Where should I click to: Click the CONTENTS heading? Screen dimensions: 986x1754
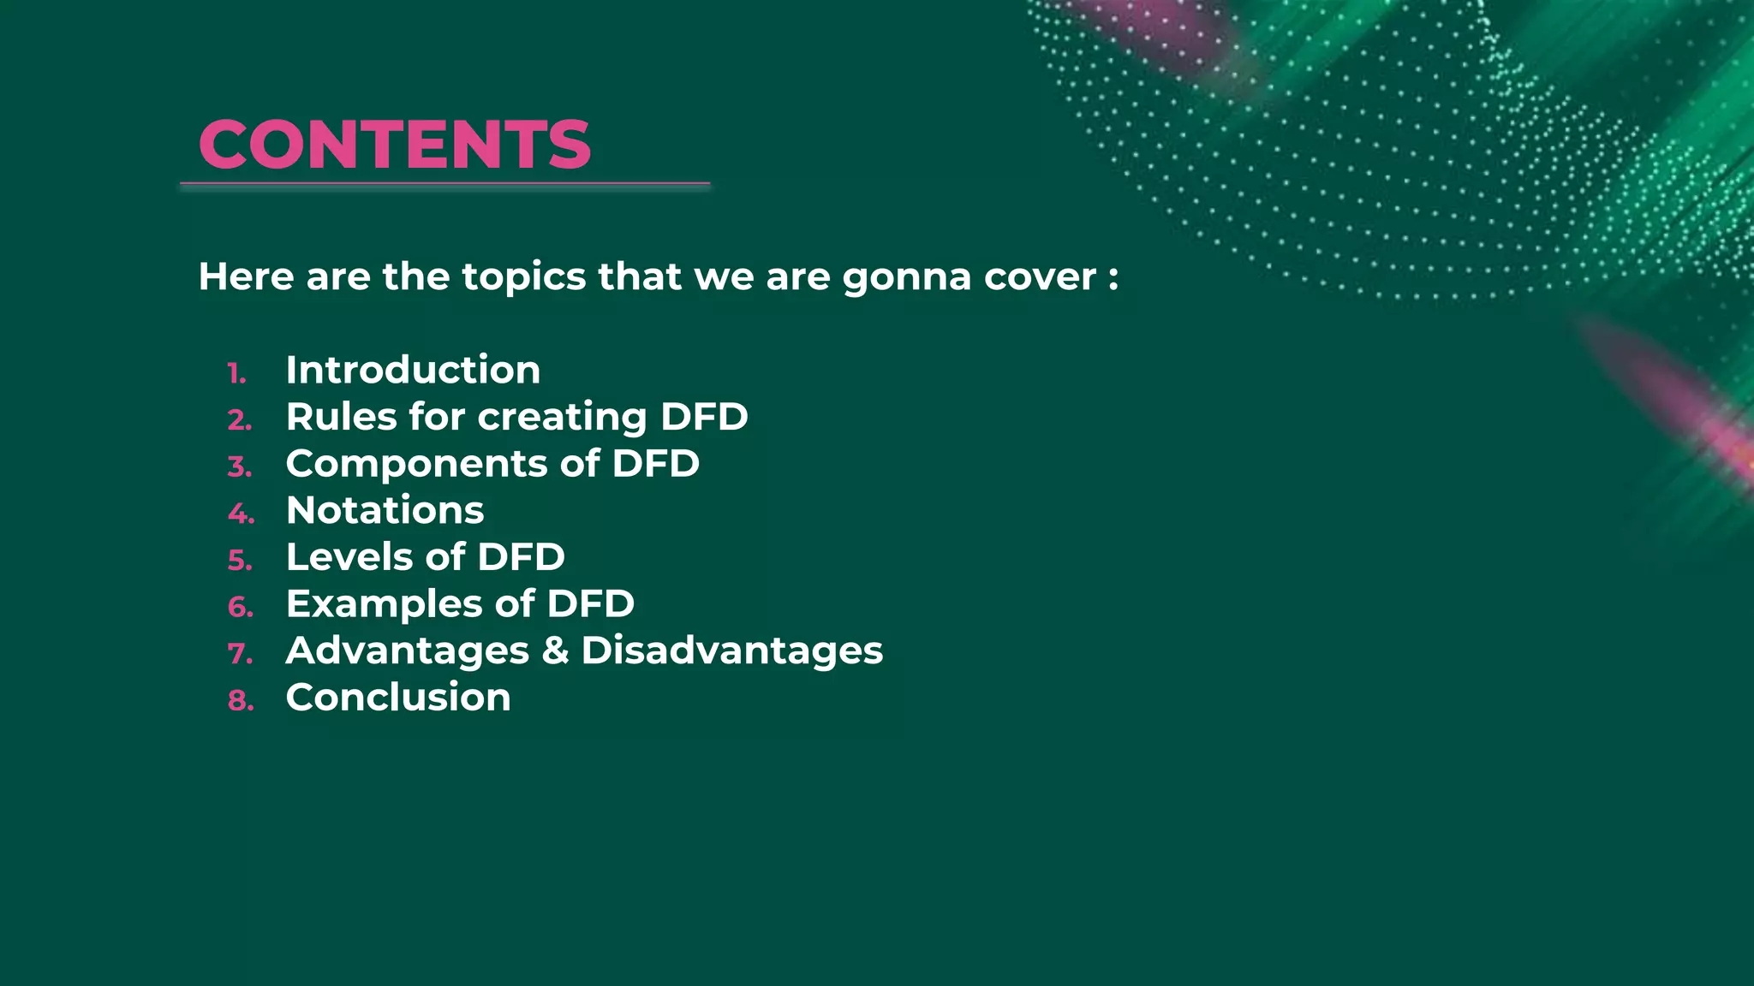(x=395, y=144)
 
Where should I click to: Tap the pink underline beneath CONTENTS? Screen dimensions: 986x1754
(x=444, y=184)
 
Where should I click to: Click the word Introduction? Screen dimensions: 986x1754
(x=413, y=370)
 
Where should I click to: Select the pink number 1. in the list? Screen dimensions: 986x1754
(x=236, y=374)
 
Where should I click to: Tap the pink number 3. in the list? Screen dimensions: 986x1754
(x=240, y=467)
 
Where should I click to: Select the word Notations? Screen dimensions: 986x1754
(x=385, y=510)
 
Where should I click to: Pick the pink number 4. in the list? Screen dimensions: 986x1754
(x=241, y=514)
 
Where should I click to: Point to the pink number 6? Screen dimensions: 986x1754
(x=241, y=608)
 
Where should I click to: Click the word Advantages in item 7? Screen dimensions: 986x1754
(x=408, y=651)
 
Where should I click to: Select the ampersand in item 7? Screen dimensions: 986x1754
(x=555, y=650)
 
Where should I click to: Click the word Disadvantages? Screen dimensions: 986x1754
(x=731, y=651)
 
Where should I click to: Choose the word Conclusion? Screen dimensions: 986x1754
(x=398, y=698)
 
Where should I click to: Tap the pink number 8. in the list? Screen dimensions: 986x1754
(x=241, y=701)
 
